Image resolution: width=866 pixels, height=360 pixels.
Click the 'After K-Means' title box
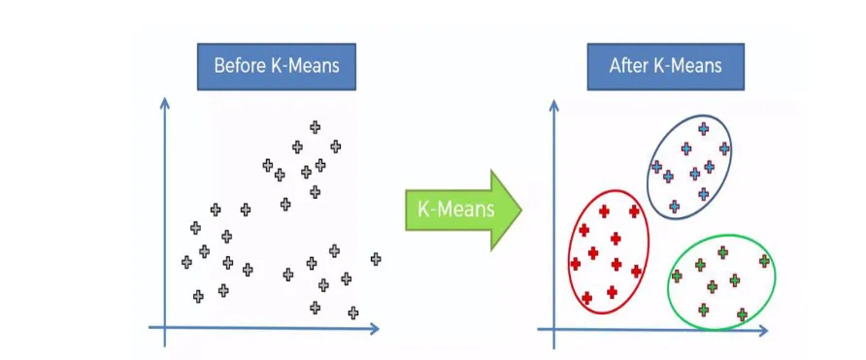[665, 67]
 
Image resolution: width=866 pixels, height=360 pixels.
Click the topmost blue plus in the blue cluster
[703, 128]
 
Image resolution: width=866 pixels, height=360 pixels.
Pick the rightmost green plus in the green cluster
[764, 260]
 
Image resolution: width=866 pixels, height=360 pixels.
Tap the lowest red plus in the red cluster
[586, 298]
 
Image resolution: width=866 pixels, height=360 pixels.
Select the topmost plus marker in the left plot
[315, 126]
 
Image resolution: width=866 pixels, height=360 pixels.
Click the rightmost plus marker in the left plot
[376, 258]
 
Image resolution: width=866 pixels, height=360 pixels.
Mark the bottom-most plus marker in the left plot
[353, 312]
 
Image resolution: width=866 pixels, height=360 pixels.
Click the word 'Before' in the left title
[239, 67]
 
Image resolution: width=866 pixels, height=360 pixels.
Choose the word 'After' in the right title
[629, 67]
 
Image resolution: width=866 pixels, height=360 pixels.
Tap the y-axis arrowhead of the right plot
[553, 101]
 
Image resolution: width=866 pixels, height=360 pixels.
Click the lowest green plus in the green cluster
[742, 314]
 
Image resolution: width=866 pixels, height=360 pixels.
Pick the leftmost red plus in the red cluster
[576, 263]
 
